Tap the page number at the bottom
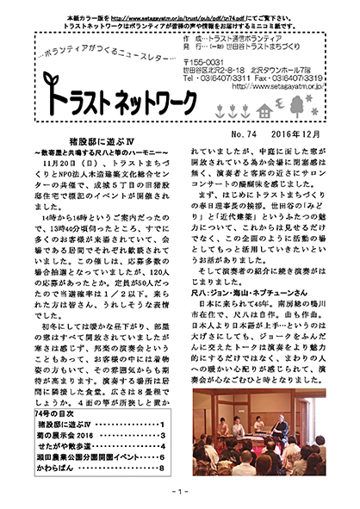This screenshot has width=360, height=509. click(x=180, y=492)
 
